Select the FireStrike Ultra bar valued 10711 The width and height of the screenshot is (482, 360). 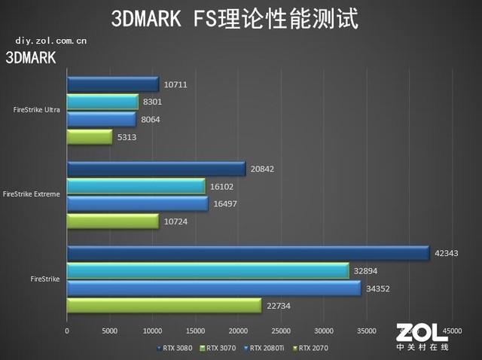(113, 84)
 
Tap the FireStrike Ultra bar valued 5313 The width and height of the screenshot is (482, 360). (90, 136)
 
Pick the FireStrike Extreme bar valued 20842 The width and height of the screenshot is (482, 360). (156, 169)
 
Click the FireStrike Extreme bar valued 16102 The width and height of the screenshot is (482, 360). (136, 186)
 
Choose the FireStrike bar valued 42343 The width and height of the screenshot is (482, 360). (248, 254)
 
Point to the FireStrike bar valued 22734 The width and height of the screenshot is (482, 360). (164, 305)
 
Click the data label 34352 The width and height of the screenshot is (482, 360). (380, 288)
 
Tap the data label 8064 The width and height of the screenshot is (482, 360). (150, 119)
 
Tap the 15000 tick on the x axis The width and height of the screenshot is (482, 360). (196, 331)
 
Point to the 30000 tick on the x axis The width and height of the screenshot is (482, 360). (324, 331)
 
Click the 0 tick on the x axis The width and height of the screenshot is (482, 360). (67, 331)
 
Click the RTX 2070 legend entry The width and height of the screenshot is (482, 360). (312, 348)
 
